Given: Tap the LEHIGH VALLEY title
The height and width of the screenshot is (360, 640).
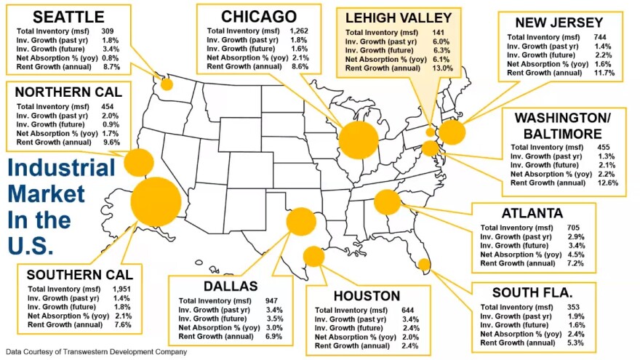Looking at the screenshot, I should (399, 17).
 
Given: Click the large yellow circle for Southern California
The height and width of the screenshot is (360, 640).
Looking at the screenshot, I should (156, 202).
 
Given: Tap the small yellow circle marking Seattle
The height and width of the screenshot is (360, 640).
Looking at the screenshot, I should (167, 84).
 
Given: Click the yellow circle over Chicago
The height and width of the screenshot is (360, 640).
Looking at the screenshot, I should (358, 140).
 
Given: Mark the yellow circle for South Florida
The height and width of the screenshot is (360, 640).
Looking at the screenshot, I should (424, 264).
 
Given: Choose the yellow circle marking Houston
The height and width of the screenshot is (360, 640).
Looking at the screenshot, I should (313, 256).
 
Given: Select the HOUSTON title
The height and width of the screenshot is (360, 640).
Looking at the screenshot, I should (367, 296).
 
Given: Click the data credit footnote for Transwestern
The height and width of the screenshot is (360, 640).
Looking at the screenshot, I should (97, 352).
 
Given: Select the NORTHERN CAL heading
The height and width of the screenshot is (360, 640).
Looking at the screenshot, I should (68, 92).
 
